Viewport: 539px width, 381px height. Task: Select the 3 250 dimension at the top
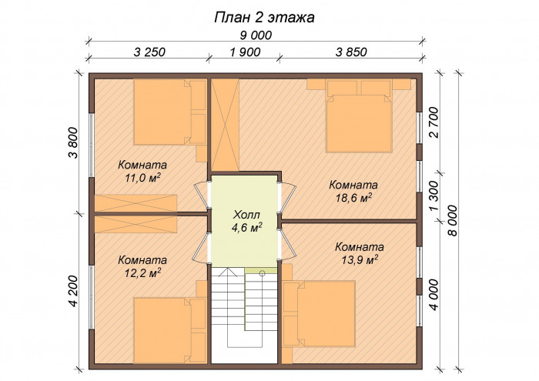click(x=149, y=53)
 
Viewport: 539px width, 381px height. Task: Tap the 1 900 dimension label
click(x=245, y=53)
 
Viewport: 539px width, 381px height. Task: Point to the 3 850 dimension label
click(x=351, y=53)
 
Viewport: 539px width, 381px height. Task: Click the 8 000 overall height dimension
click(x=452, y=221)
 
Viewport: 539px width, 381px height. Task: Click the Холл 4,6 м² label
click(x=246, y=220)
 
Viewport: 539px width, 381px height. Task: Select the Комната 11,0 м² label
click(x=142, y=171)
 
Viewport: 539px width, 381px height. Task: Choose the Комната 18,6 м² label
click(x=353, y=191)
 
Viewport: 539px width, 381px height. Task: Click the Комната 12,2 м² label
click(x=142, y=266)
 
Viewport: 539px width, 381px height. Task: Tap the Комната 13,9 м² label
click(x=359, y=253)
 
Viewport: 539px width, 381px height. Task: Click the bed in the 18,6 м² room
click(x=360, y=123)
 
